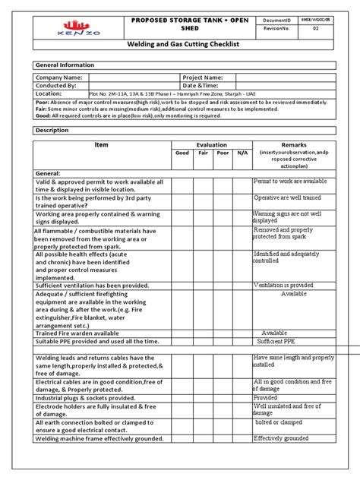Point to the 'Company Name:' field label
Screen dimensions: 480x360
[x=58, y=77]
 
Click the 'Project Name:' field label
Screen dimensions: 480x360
[x=202, y=77]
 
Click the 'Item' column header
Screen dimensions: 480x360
[x=101, y=144]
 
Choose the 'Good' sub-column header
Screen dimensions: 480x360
[x=182, y=153]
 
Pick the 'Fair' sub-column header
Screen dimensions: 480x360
[x=202, y=153]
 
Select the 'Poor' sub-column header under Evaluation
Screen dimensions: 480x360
[x=222, y=153]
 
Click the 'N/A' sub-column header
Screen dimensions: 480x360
[x=242, y=153]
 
